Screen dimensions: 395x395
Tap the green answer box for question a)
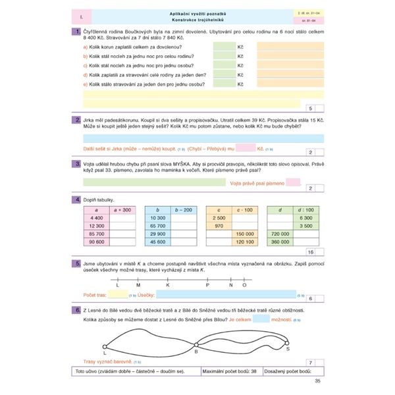pyautogui.click(x=224, y=47)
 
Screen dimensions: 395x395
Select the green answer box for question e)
pyautogui.click(x=224, y=84)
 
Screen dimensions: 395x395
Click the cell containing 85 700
pyautogui.click(x=95, y=233)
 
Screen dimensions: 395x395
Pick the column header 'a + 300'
pyautogui.click(x=122, y=209)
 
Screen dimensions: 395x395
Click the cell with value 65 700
pyautogui.click(x=157, y=225)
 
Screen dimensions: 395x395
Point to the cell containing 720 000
pyautogui.click(x=280, y=233)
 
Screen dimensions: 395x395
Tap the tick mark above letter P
pyautogui.click(x=207, y=278)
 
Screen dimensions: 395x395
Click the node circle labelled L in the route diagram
pyautogui.click(x=105, y=348)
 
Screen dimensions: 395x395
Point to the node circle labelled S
pyautogui.click(x=286, y=342)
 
